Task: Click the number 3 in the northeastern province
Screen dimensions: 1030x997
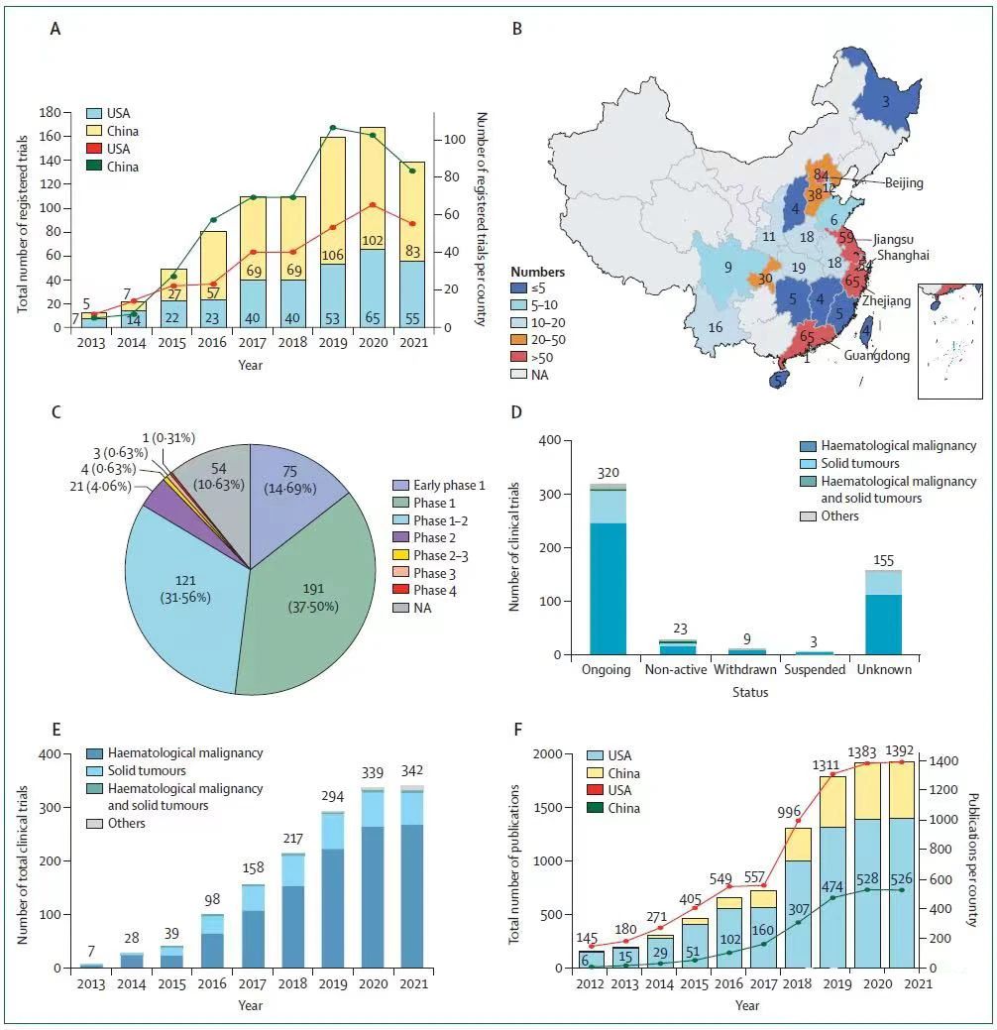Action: pyautogui.click(x=885, y=101)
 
